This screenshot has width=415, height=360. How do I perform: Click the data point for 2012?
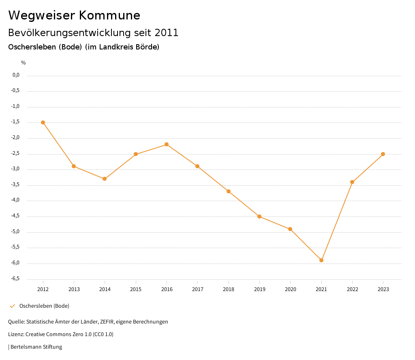(x=43, y=122)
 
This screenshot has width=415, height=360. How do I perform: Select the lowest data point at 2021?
(x=321, y=260)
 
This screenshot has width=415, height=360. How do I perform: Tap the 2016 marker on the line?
(x=167, y=144)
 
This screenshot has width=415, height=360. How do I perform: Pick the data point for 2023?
(x=383, y=154)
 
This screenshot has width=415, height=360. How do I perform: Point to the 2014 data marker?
(x=105, y=179)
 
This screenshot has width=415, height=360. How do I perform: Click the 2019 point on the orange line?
(x=259, y=216)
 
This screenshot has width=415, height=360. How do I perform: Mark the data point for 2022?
(x=352, y=182)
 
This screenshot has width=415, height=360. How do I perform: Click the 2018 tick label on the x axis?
(x=229, y=289)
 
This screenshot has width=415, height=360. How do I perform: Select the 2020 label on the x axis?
(x=290, y=289)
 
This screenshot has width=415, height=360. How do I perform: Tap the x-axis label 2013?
(x=74, y=289)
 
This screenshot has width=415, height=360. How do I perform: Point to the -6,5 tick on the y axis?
(x=16, y=279)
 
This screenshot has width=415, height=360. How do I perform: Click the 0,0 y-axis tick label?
(x=16, y=75)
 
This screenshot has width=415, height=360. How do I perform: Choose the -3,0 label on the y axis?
(x=16, y=169)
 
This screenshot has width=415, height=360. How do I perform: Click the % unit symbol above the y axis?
(x=24, y=63)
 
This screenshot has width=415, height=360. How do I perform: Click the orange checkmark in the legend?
(x=12, y=306)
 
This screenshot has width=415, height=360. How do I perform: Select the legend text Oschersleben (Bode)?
(x=44, y=306)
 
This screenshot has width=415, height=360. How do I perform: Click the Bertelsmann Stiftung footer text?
(x=36, y=347)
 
